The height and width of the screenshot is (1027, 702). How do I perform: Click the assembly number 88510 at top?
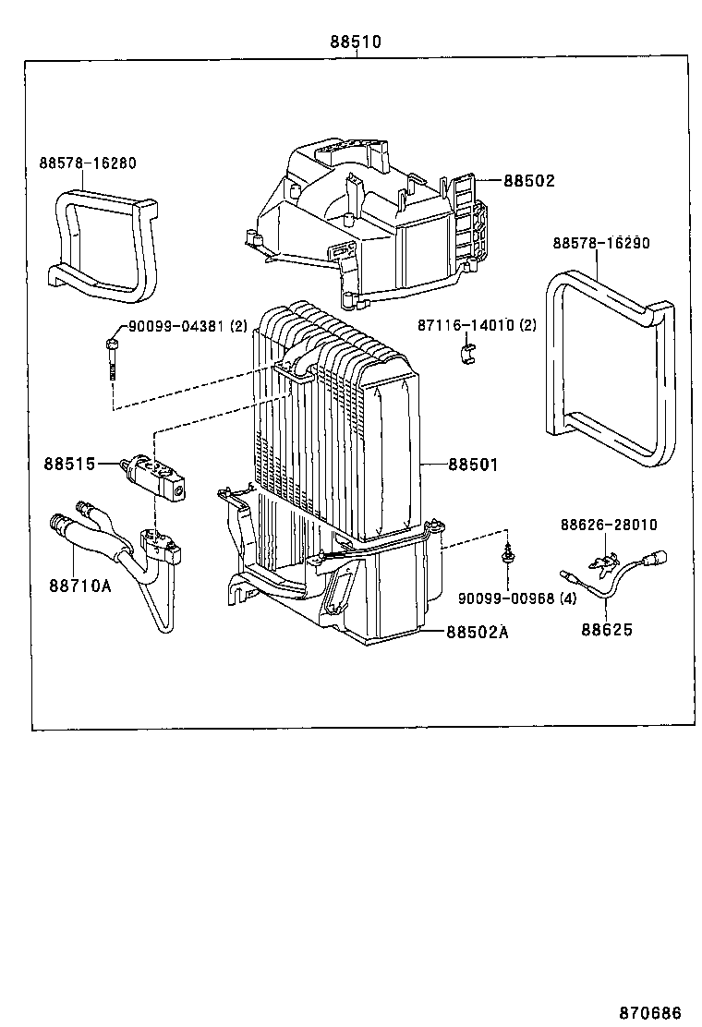[x=356, y=42]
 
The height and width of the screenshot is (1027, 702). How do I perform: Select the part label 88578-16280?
[x=87, y=163]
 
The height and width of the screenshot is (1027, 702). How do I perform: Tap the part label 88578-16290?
[x=601, y=243]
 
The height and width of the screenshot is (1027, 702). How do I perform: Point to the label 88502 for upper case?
[x=529, y=181]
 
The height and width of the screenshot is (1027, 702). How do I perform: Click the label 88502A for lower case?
[x=478, y=632]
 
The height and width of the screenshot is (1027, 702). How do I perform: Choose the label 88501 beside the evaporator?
[x=473, y=465]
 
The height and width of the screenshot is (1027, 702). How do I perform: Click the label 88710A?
[x=80, y=585]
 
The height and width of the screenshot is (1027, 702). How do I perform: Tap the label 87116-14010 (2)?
[x=477, y=325]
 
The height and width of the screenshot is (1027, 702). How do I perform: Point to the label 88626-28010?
[x=608, y=525]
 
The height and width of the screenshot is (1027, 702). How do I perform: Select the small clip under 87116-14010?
[x=468, y=351]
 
